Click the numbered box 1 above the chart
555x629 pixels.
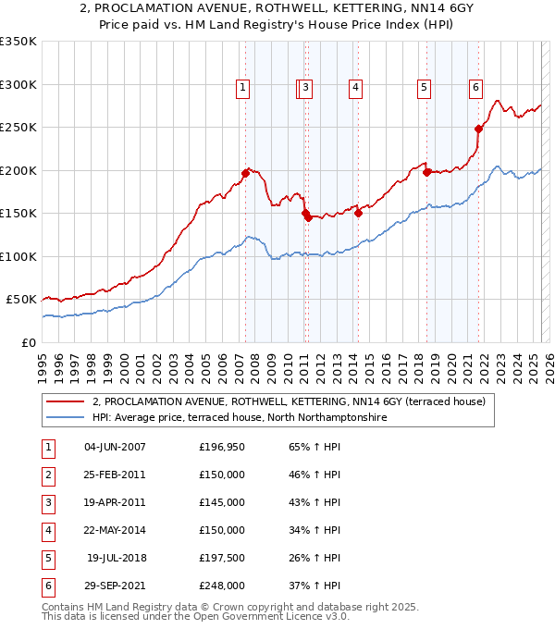pyautogui.click(x=242, y=88)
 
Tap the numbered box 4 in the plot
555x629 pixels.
pyautogui.click(x=355, y=88)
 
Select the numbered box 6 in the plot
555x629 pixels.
pyautogui.click(x=475, y=88)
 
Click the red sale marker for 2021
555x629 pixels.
pyautogui.click(x=478, y=129)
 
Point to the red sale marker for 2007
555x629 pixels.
pyautogui.click(x=245, y=173)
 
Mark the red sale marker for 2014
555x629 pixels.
pyautogui.click(x=358, y=213)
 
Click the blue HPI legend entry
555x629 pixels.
pyautogui.click(x=239, y=417)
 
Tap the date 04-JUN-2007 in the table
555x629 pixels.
pyautogui.click(x=115, y=447)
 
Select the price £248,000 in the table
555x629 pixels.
pyautogui.click(x=222, y=586)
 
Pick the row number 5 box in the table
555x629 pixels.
pyautogui.click(x=46, y=558)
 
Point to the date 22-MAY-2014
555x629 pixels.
pyautogui.click(x=115, y=530)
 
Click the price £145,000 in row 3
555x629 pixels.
pyautogui.click(x=222, y=502)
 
